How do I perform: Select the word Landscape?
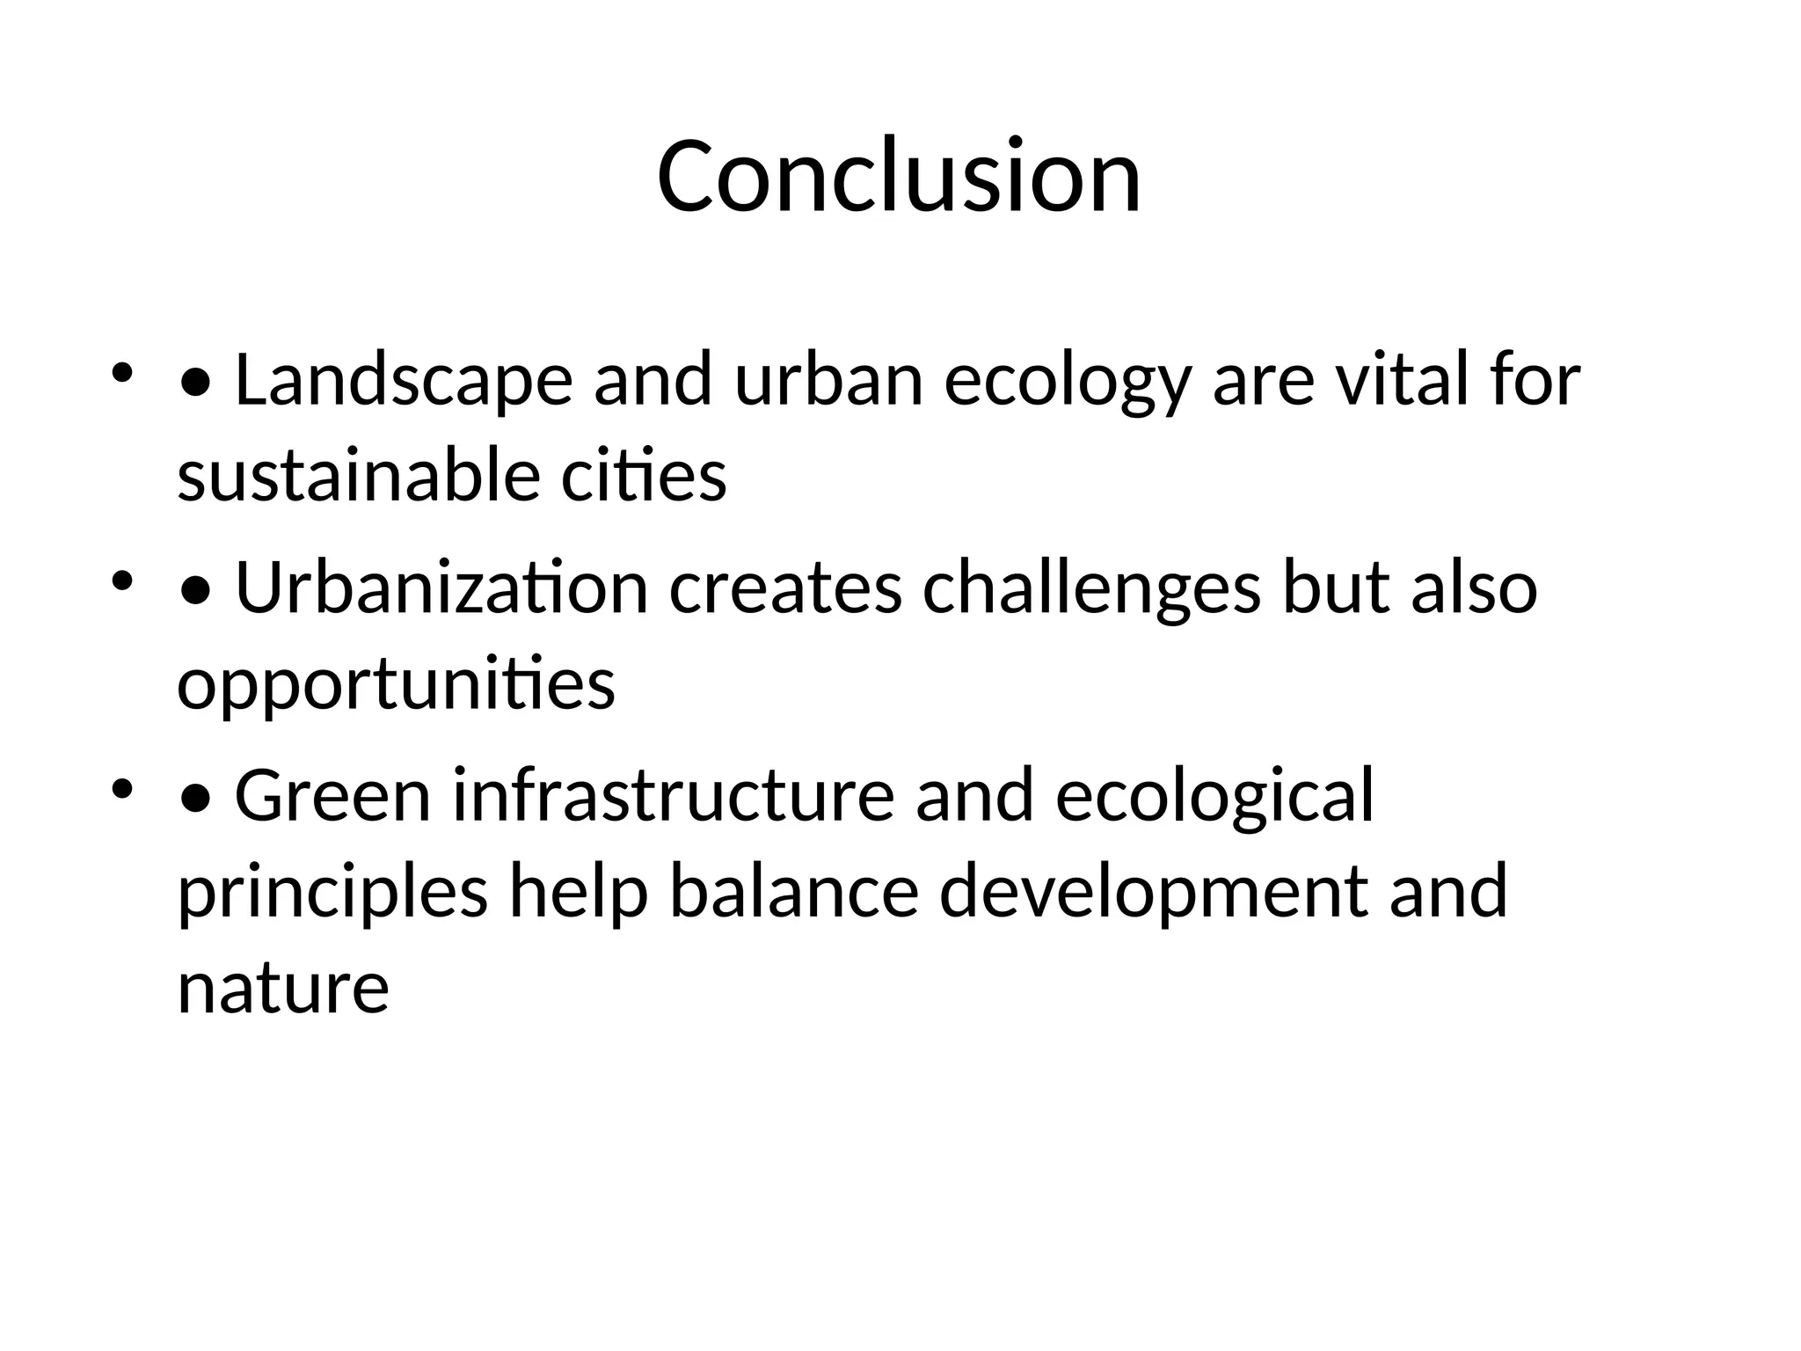click(x=404, y=381)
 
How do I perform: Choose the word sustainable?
click(x=358, y=476)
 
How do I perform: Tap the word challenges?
click(x=1091, y=588)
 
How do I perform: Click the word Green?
click(x=332, y=795)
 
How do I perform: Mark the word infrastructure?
click(x=674, y=795)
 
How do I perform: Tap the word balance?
click(x=793, y=892)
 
